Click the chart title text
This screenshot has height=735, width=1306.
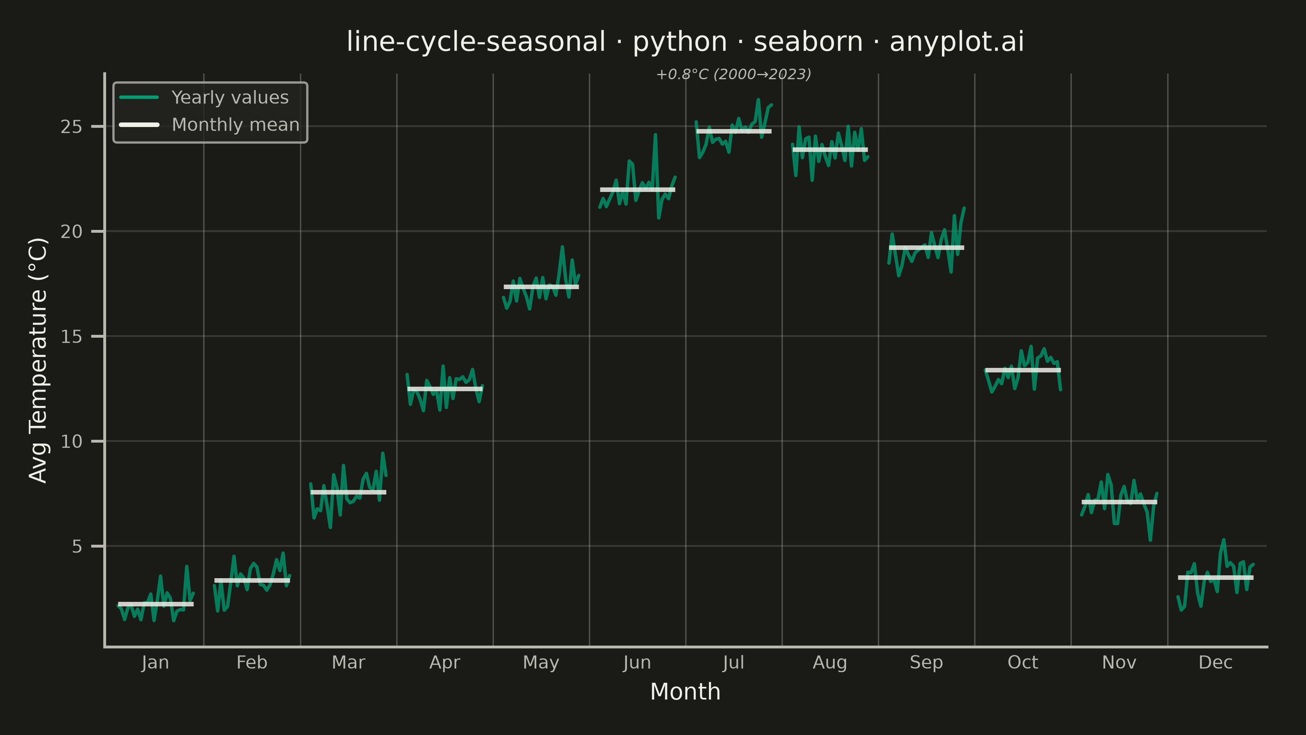[x=685, y=42]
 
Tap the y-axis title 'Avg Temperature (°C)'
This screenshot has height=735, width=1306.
[x=38, y=360]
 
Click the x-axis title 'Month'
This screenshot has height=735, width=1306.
[x=685, y=692]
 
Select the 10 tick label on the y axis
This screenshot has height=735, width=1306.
[x=71, y=442]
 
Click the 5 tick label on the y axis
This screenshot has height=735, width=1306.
[x=77, y=547]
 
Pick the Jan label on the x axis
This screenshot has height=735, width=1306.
[x=155, y=662]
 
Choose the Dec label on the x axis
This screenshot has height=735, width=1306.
[x=1215, y=662]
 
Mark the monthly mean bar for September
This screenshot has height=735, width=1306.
[x=926, y=247]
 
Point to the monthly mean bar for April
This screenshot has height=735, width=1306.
[x=444, y=389]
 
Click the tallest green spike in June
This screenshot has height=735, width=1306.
[x=655, y=135]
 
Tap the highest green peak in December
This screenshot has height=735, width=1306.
[x=1224, y=540]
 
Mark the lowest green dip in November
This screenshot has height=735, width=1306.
[x=1150, y=540]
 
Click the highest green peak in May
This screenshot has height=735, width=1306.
[x=562, y=247]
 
